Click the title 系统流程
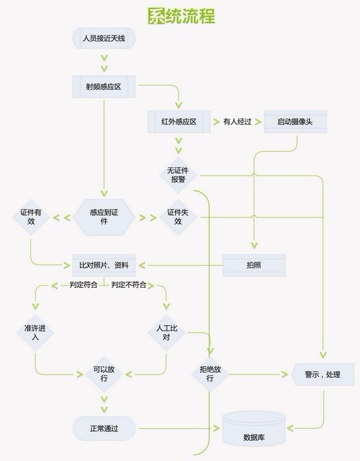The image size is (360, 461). [181, 15]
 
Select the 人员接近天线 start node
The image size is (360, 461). [104, 38]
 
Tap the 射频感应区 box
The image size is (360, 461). [104, 86]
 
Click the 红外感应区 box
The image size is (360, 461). [179, 122]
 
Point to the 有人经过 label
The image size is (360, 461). [237, 122]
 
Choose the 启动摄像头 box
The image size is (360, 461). [296, 122]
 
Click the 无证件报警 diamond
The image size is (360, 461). [178, 175]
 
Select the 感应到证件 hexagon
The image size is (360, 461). [104, 217]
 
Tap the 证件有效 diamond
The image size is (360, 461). [31, 217]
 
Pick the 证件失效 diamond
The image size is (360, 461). [178, 217]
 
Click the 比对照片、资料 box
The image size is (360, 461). [104, 265]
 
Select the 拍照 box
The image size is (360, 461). [254, 265]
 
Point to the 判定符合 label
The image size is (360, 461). [83, 285]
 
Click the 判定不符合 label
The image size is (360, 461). [129, 285]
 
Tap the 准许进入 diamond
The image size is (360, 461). [35, 333]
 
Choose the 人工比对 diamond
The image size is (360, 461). [167, 333]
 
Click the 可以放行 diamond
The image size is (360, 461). [104, 374]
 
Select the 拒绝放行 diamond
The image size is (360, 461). [210, 374]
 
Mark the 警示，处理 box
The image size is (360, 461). [322, 374]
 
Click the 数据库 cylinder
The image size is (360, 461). [254, 429]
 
